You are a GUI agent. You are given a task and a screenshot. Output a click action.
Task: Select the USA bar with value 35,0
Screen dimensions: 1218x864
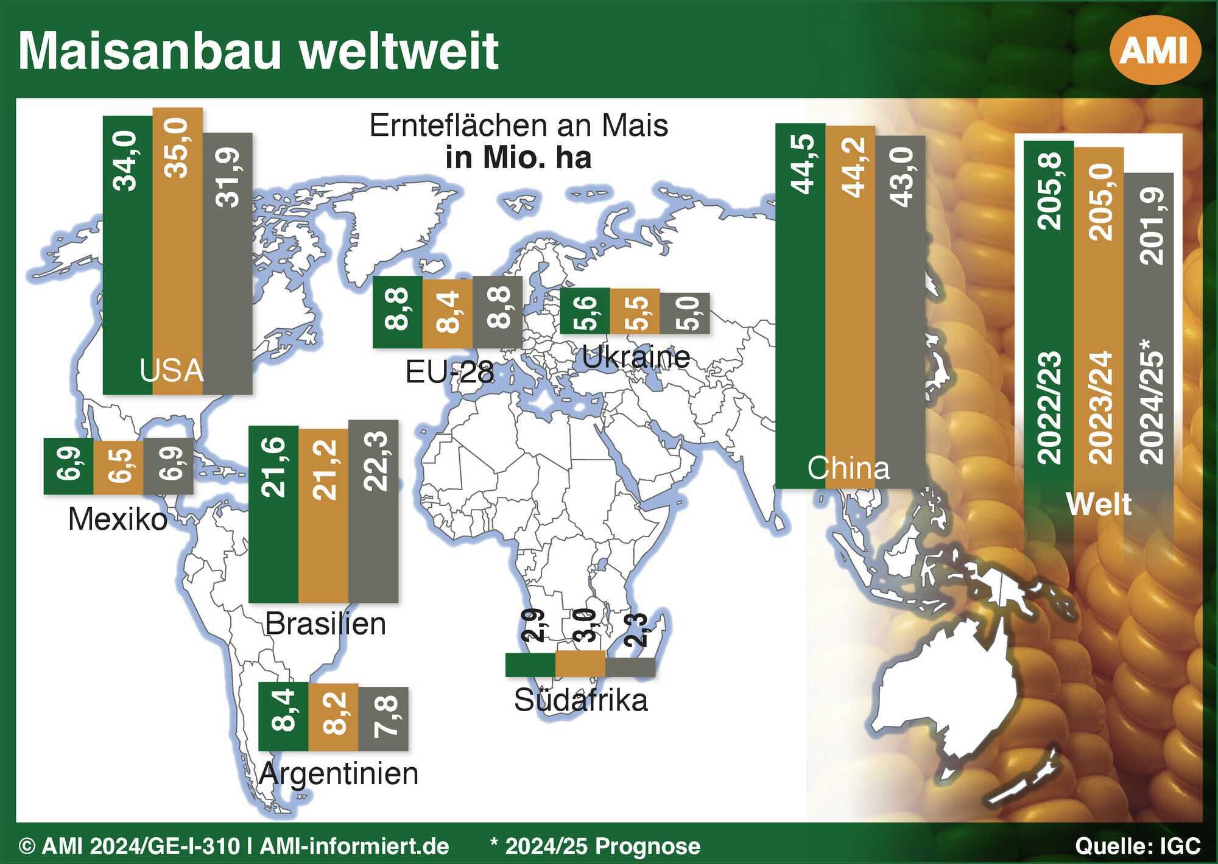(x=177, y=251)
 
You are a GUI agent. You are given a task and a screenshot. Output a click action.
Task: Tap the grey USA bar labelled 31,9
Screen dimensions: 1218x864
(x=227, y=264)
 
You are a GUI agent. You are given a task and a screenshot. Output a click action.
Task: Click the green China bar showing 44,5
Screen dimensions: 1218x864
(x=800, y=306)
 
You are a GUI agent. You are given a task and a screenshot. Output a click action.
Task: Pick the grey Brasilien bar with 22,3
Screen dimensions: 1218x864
(x=373, y=511)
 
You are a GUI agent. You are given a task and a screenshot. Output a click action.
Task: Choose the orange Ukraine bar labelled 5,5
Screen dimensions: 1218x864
(x=635, y=311)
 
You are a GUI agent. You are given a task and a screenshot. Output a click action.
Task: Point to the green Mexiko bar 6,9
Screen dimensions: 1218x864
(x=69, y=466)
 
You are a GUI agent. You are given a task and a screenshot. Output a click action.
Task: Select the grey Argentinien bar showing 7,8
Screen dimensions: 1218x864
(x=383, y=719)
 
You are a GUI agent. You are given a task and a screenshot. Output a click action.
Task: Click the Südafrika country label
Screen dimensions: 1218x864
(x=581, y=700)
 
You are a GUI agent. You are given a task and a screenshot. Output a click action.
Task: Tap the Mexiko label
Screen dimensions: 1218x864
(x=118, y=520)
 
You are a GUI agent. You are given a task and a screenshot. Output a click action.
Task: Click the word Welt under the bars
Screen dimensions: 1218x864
(x=1099, y=505)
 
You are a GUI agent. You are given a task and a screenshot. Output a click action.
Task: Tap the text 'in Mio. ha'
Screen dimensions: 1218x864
(x=519, y=158)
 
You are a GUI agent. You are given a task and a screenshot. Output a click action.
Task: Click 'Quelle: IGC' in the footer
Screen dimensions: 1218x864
(x=1138, y=846)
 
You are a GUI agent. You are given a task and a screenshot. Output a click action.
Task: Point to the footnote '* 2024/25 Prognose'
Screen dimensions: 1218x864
(x=595, y=846)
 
